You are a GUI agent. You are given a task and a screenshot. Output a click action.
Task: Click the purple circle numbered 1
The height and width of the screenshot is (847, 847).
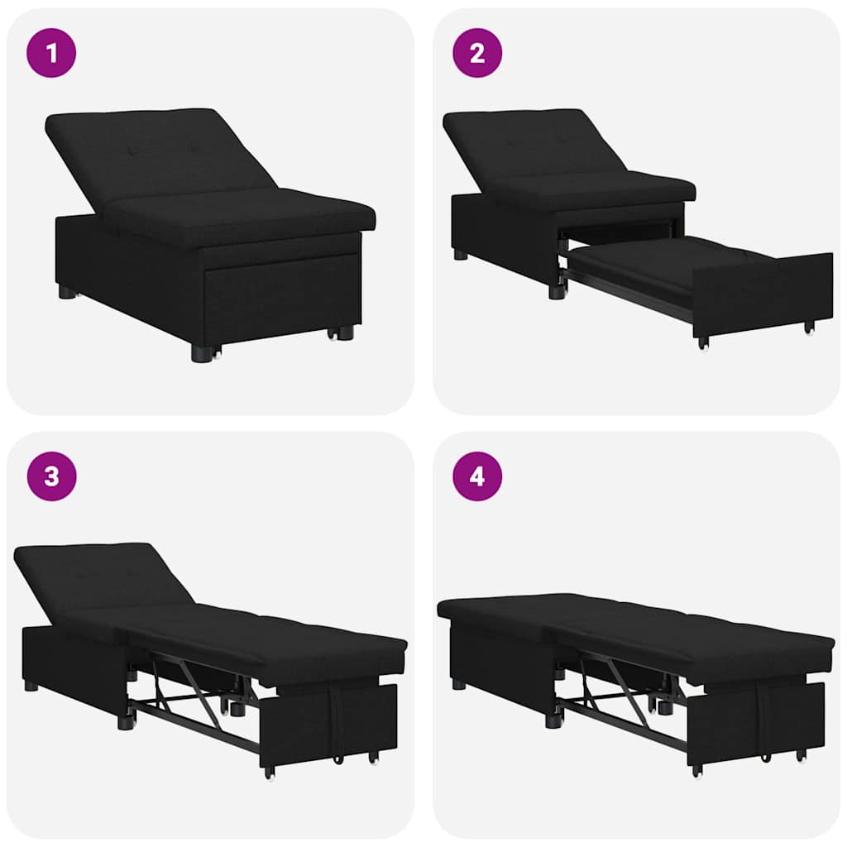(51, 53)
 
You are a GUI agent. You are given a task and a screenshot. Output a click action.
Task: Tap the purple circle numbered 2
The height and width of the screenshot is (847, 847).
(477, 53)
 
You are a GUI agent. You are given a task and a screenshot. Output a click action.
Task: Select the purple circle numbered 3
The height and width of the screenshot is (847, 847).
(51, 476)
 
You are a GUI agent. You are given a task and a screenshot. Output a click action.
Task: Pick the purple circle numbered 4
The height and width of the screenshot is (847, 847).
(477, 476)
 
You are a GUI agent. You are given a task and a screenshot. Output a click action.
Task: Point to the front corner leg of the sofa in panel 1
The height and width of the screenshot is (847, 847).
(201, 352)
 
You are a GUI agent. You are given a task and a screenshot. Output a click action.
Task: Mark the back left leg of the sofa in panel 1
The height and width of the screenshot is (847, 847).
(67, 291)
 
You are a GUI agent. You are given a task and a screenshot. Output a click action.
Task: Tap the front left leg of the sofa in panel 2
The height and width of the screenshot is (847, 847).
(556, 290)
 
